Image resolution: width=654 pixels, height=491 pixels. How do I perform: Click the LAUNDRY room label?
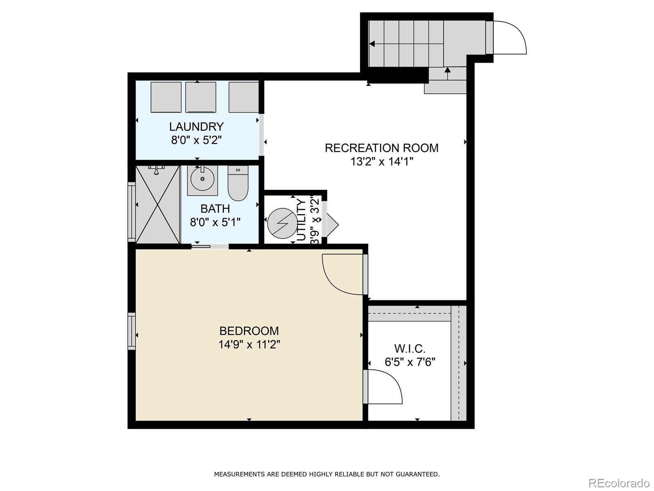[x=196, y=126]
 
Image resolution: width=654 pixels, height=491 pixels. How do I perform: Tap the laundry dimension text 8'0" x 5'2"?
[x=196, y=140]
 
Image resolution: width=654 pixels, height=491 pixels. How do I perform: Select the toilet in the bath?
[x=238, y=184]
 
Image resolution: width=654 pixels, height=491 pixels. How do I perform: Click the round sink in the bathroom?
[x=202, y=179]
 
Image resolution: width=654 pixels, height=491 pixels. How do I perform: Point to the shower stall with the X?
[x=158, y=204]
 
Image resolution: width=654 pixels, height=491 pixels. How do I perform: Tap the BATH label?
[x=215, y=209]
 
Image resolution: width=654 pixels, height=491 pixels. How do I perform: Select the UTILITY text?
[x=301, y=220]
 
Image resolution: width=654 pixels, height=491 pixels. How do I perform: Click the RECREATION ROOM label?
[x=381, y=148]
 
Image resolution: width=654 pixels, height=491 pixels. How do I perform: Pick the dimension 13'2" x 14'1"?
[x=381, y=162]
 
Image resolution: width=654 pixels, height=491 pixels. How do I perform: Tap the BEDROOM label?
[x=249, y=331]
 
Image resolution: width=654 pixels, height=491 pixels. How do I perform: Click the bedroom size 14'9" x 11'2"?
[x=249, y=345]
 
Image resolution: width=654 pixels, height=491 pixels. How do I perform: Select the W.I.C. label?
[x=410, y=349]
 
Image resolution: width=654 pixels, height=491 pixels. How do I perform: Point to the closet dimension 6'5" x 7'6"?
[x=410, y=362]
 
